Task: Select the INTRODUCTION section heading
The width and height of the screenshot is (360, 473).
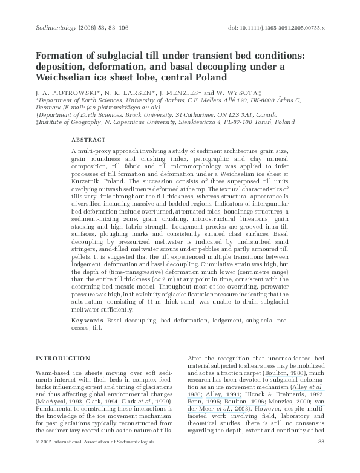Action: pos(61,357)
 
